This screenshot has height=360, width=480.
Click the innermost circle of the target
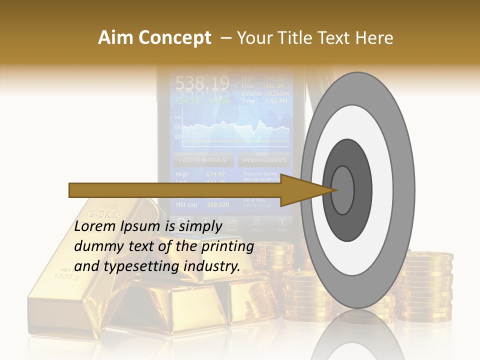343,190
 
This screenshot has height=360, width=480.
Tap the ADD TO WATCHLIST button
203,160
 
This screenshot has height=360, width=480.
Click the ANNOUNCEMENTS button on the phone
264,160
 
